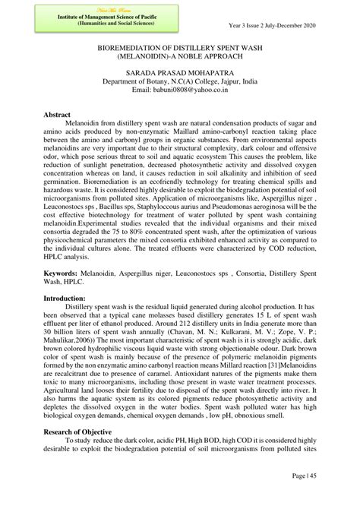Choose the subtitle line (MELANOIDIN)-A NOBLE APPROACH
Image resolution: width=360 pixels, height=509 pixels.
click(x=181, y=56)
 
